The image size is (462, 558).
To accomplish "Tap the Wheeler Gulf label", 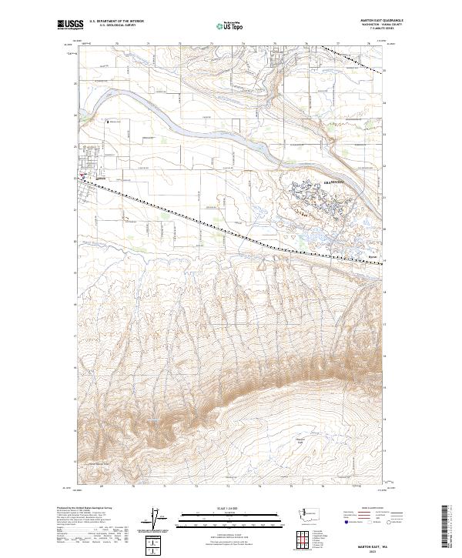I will (x=302, y=439).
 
